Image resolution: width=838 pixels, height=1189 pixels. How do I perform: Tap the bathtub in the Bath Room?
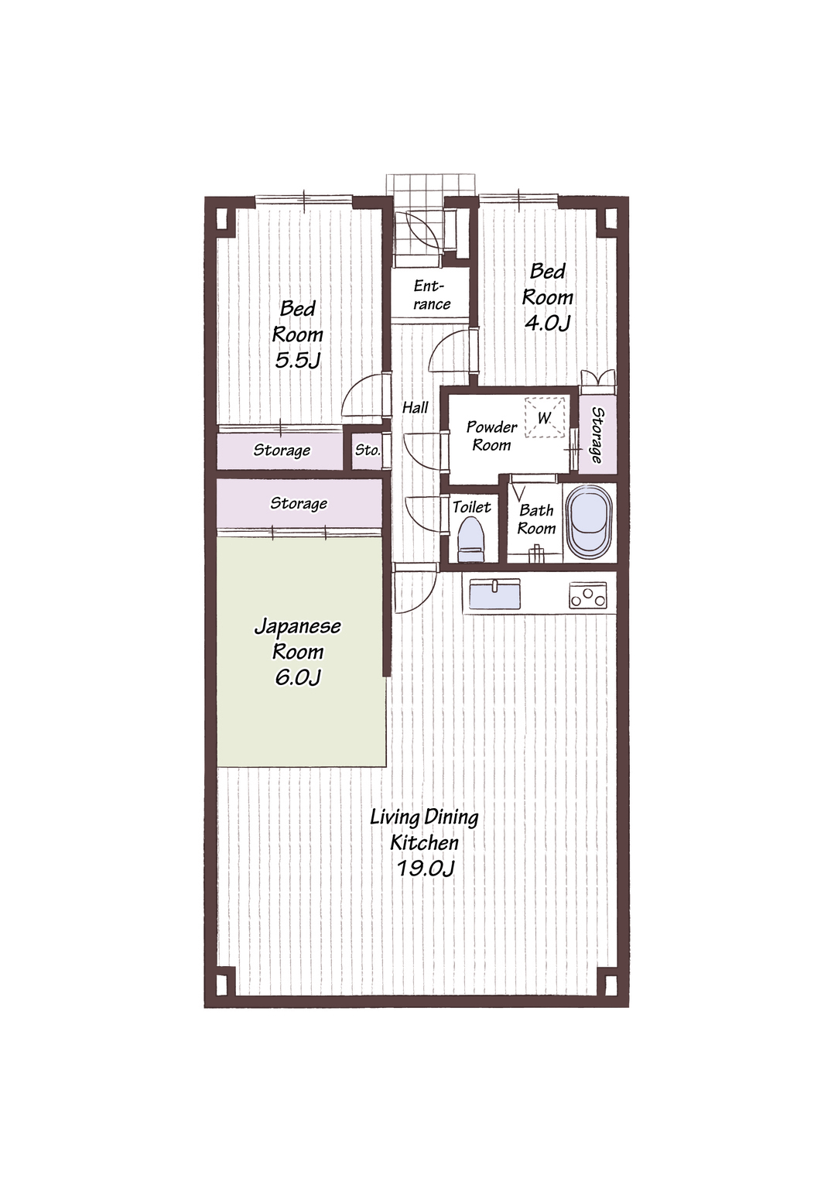pyautogui.click(x=589, y=523)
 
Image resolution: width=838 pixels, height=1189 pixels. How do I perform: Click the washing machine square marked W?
pyautogui.click(x=545, y=418)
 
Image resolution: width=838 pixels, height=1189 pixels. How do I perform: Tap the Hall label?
pyautogui.click(x=415, y=408)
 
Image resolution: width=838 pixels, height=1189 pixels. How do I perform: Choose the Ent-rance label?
pyautogui.click(x=432, y=295)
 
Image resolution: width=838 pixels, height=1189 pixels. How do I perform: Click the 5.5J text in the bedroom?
pyautogui.click(x=297, y=361)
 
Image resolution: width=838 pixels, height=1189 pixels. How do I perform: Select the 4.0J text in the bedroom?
pyautogui.click(x=547, y=323)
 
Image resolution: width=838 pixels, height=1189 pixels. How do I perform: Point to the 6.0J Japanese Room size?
pyautogui.click(x=297, y=677)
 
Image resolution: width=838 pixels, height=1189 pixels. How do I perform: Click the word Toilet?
pyautogui.click(x=472, y=507)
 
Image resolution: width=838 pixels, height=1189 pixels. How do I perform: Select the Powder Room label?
pyautogui.click(x=491, y=436)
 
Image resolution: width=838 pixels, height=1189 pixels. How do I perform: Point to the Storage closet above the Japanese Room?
pyautogui.click(x=299, y=503)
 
